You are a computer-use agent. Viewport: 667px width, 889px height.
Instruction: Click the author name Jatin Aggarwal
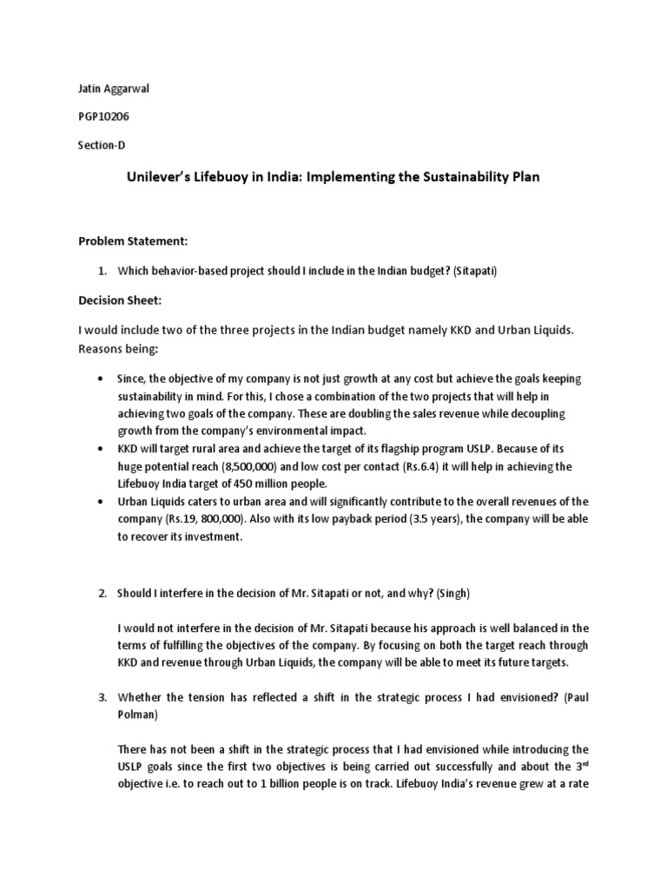109,89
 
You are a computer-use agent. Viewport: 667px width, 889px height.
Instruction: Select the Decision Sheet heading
122,302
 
